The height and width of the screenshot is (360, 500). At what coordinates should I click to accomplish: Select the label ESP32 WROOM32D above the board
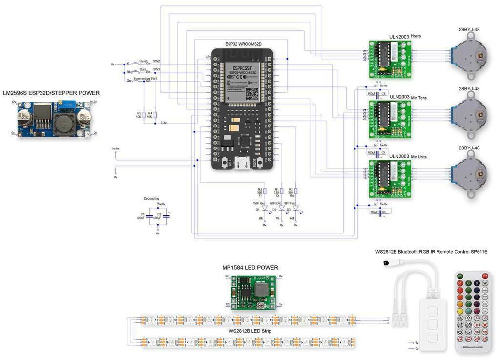tap(243, 44)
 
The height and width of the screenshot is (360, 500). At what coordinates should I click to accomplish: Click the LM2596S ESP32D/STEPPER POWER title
tap(51, 93)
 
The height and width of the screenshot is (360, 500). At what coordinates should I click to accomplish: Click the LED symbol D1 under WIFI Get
tap(264, 209)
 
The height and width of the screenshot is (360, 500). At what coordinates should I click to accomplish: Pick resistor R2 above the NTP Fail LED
tap(296, 191)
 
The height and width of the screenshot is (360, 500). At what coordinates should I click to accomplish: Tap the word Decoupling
tap(151, 199)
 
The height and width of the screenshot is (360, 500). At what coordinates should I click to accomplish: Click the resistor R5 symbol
tap(144, 114)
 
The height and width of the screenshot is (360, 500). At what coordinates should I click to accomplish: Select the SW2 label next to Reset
tap(157, 61)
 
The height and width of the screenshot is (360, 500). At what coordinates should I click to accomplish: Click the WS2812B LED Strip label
tap(250, 331)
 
